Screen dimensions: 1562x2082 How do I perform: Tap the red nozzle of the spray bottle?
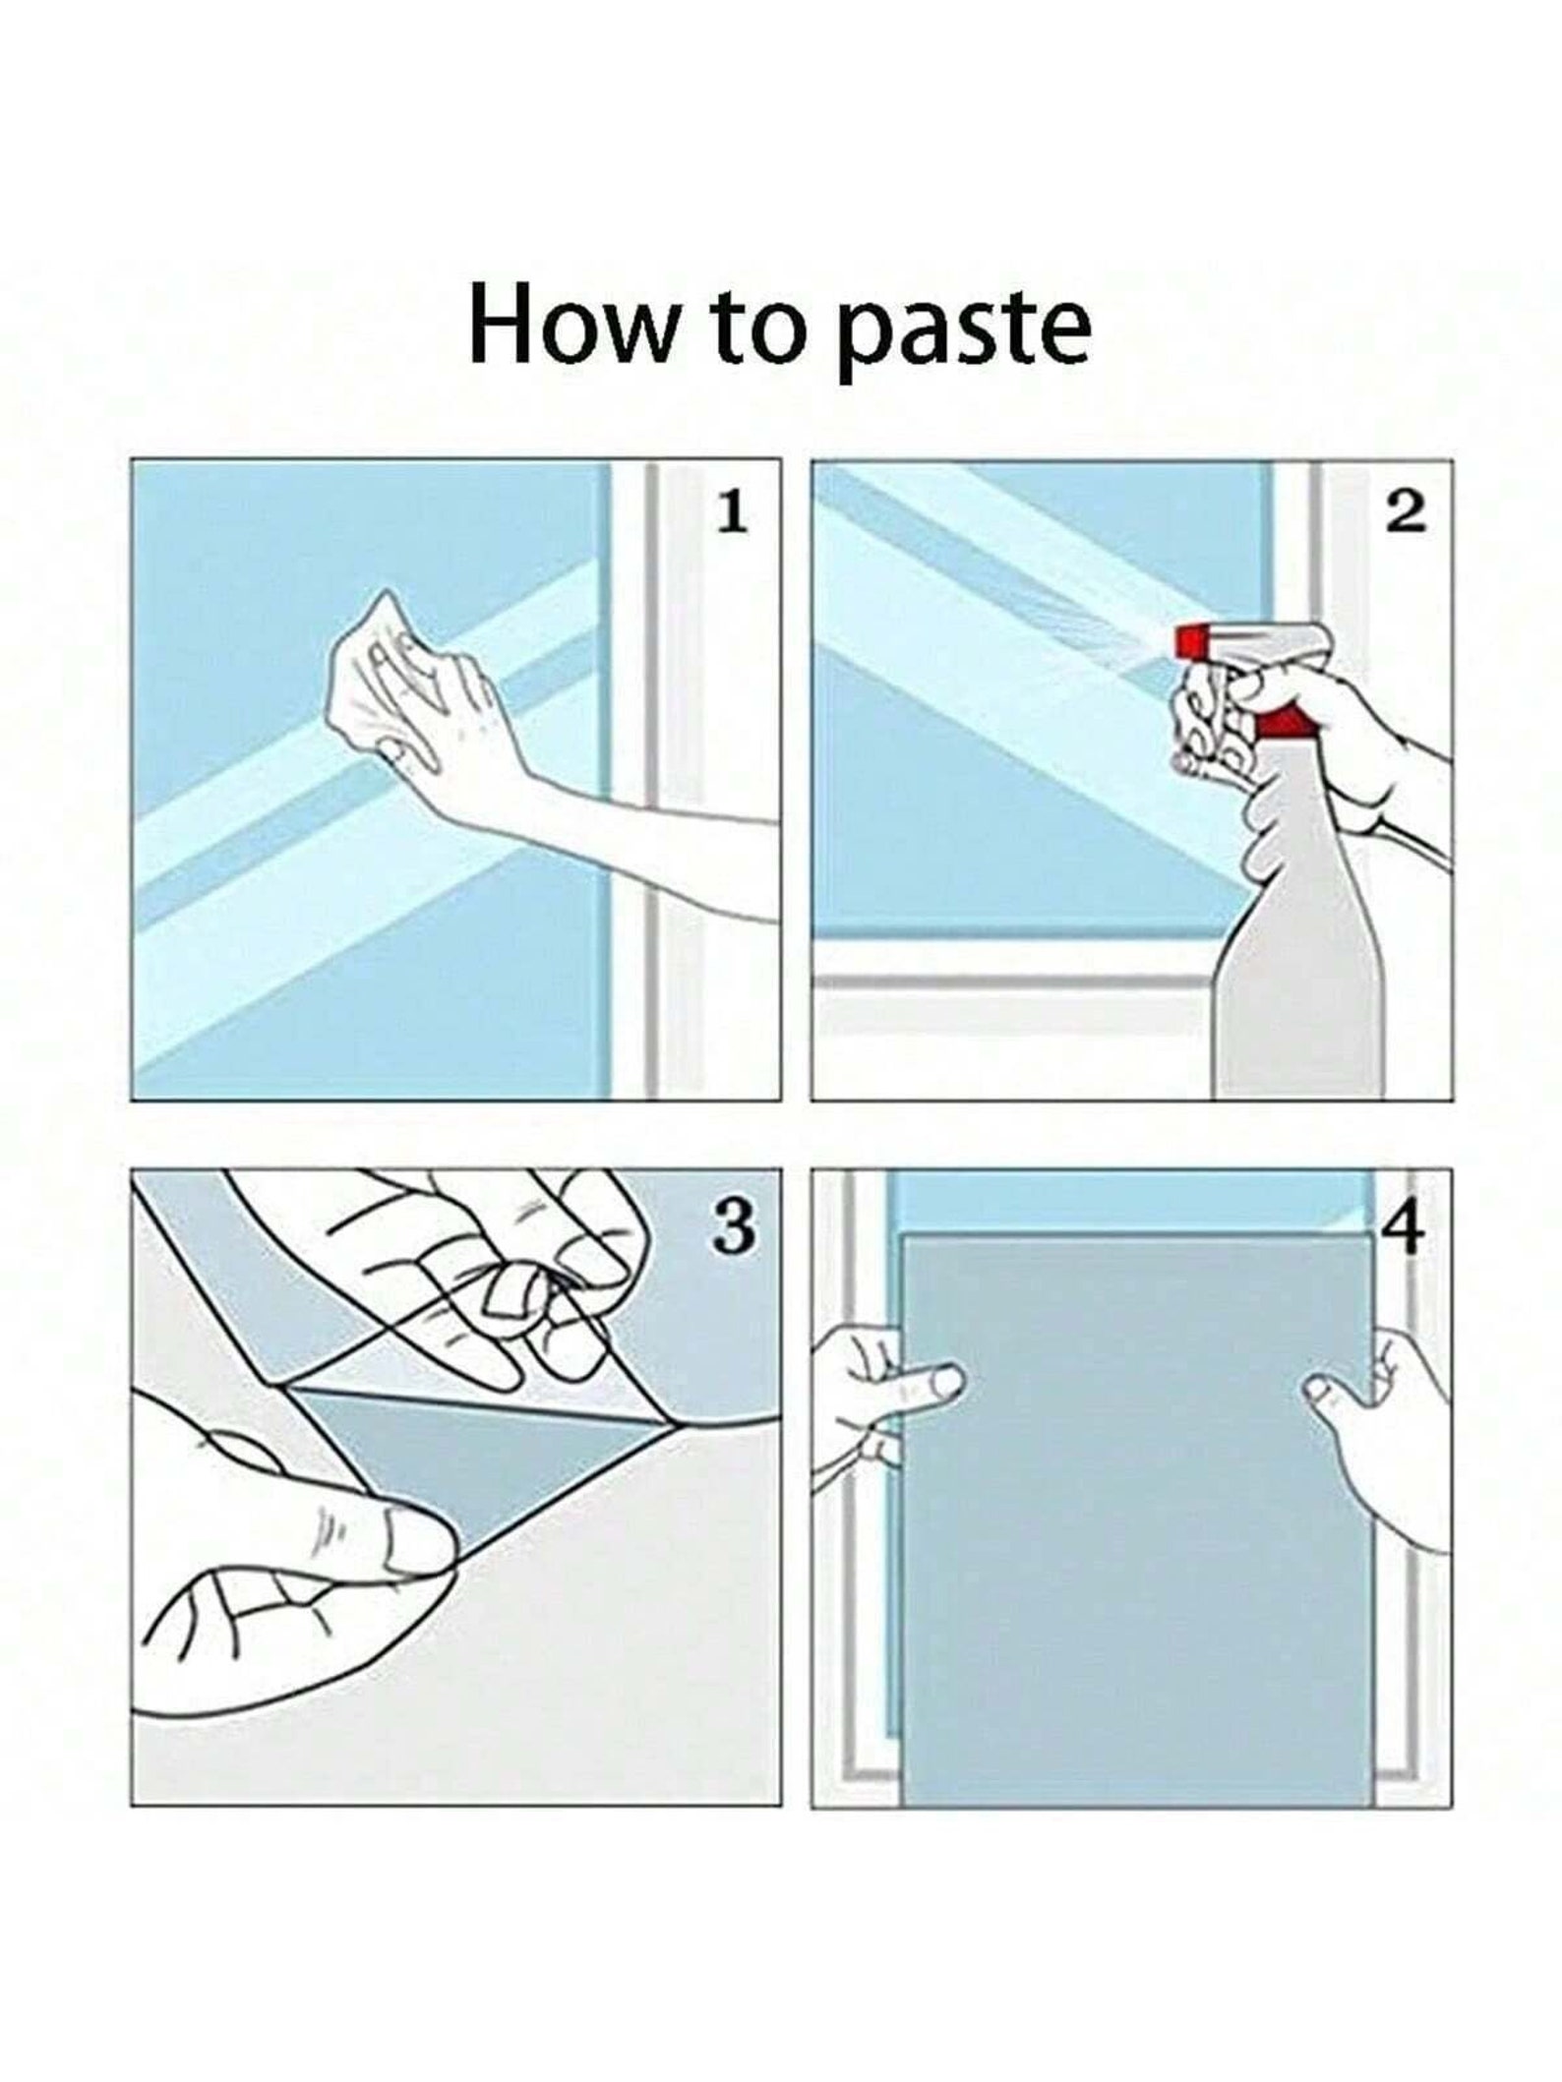click(1192, 642)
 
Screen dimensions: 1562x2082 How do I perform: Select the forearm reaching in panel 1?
click(630, 846)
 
